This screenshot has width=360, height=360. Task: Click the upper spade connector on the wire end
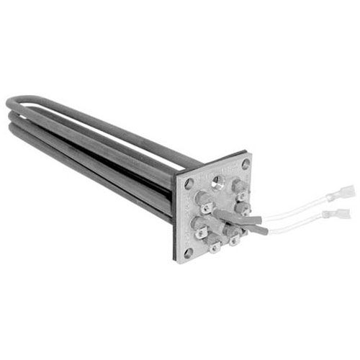pos(344,192)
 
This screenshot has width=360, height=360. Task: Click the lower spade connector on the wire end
pos(336,214)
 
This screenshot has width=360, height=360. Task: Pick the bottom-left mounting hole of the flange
pos(188,253)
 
